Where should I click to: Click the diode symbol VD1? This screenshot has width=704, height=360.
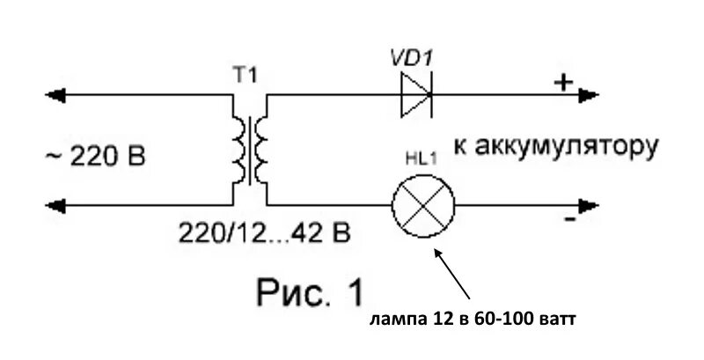click(x=415, y=94)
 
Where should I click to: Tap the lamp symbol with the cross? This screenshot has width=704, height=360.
click(x=424, y=206)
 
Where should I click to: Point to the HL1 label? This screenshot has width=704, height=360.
click(x=422, y=161)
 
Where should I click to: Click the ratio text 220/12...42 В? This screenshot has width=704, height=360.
click(x=265, y=233)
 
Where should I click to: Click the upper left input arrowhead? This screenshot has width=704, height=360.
click(x=54, y=94)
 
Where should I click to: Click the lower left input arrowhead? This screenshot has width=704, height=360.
click(x=54, y=206)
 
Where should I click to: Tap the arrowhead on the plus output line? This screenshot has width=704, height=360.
click(x=598, y=94)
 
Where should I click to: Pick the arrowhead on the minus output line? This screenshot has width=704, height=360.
click(x=598, y=206)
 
